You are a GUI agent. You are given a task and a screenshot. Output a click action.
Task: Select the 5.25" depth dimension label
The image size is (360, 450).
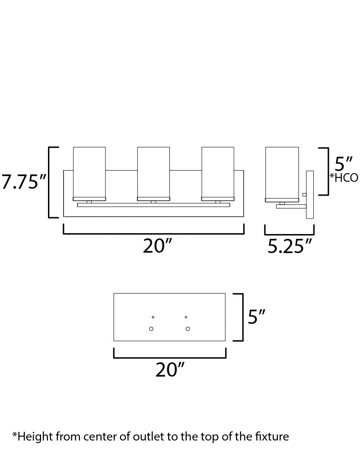(x=290, y=246)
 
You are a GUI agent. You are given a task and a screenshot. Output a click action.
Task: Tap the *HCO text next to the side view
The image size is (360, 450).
(x=344, y=177)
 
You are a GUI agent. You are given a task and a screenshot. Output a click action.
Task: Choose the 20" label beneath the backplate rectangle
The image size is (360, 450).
(x=169, y=370)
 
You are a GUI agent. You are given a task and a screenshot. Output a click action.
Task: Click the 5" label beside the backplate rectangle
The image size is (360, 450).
(x=256, y=317)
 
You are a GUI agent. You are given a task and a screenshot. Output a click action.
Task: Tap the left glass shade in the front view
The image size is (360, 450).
(x=89, y=172)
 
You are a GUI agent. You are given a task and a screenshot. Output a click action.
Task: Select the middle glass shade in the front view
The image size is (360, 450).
(x=153, y=172)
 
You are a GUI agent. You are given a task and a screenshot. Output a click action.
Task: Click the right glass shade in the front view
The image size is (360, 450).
(x=217, y=172)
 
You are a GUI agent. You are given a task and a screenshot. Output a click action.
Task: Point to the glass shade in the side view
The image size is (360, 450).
(x=282, y=172)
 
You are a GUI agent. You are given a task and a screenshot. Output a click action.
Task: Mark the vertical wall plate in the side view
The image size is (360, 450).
(x=309, y=194)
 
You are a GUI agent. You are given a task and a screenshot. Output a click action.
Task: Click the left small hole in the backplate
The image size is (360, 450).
(x=153, y=317)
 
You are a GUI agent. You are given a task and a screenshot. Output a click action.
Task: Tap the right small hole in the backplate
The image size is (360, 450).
(x=186, y=317)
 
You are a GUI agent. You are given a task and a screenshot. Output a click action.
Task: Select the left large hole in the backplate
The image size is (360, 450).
(x=151, y=329)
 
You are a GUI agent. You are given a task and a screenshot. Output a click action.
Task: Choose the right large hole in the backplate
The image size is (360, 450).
(x=188, y=329)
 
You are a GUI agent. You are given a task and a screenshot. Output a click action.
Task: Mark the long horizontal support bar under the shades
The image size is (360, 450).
(x=153, y=205)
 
